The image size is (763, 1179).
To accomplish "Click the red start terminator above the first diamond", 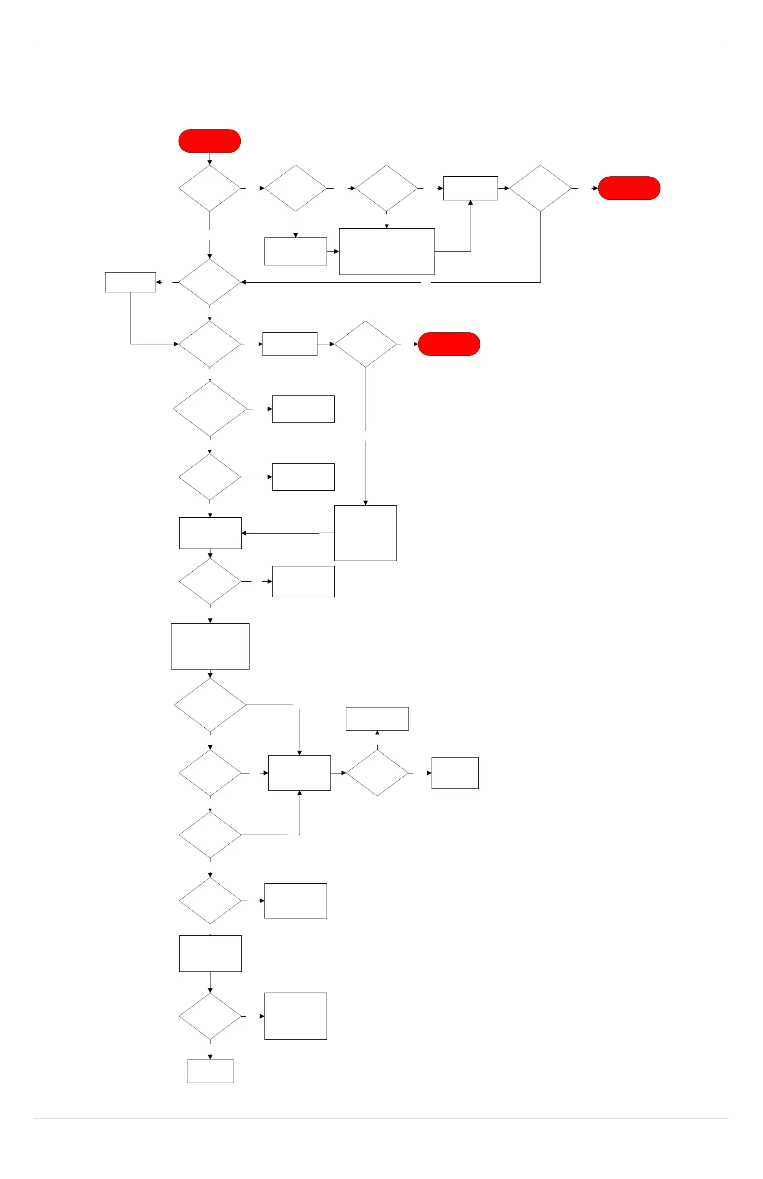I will [x=210, y=141].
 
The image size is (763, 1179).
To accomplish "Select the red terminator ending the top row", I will [x=629, y=188].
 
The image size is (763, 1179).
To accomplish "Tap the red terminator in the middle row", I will [x=449, y=344].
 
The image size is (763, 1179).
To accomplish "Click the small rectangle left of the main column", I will [x=131, y=282].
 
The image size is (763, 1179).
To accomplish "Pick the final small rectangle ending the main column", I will [x=210, y=1071].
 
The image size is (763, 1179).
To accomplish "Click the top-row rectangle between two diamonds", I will [x=470, y=188].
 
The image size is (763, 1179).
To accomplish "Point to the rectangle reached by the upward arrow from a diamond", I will [x=377, y=718].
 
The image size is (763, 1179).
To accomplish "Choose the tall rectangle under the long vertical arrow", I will [x=365, y=533].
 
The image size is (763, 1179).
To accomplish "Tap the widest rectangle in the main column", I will [x=210, y=646].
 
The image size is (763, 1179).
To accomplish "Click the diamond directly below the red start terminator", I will [x=210, y=188].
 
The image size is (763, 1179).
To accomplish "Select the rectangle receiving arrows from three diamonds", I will [x=299, y=773].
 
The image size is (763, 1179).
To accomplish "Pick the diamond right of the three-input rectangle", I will [x=377, y=773].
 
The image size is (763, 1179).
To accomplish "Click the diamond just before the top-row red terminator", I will [x=540, y=188].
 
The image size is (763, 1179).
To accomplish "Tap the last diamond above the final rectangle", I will [x=210, y=1016].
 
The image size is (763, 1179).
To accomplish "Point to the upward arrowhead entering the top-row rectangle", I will [x=470, y=203].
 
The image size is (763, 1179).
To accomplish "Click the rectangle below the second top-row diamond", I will [x=295, y=251].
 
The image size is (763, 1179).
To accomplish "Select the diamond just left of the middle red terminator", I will [x=365, y=344].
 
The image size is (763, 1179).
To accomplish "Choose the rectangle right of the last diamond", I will [x=295, y=1016].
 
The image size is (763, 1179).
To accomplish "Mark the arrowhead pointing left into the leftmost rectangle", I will [x=158, y=282].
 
